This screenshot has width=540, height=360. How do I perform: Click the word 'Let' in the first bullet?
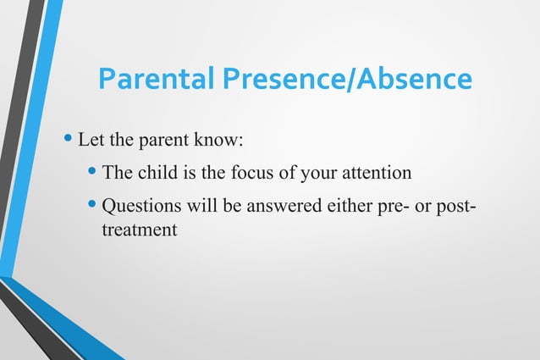click(x=91, y=137)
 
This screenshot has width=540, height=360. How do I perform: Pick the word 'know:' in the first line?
click(x=220, y=137)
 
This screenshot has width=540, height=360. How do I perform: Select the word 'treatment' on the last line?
click(x=139, y=228)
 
